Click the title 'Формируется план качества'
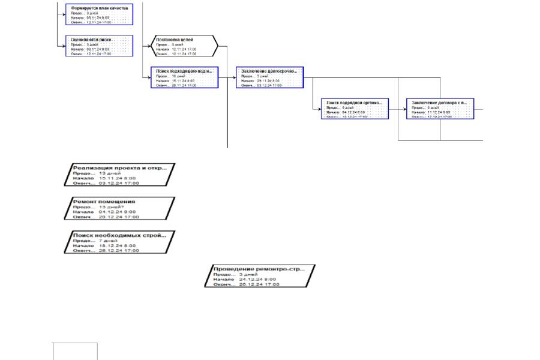(99, 8)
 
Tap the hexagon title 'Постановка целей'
(174, 40)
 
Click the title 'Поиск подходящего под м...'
(184, 70)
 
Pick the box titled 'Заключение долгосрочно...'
(269, 70)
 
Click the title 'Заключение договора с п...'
(439, 102)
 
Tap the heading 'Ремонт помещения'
(104, 201)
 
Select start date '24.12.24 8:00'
(257, 279)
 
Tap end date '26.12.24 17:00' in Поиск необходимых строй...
(119, 251)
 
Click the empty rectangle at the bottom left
(75, 352)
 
